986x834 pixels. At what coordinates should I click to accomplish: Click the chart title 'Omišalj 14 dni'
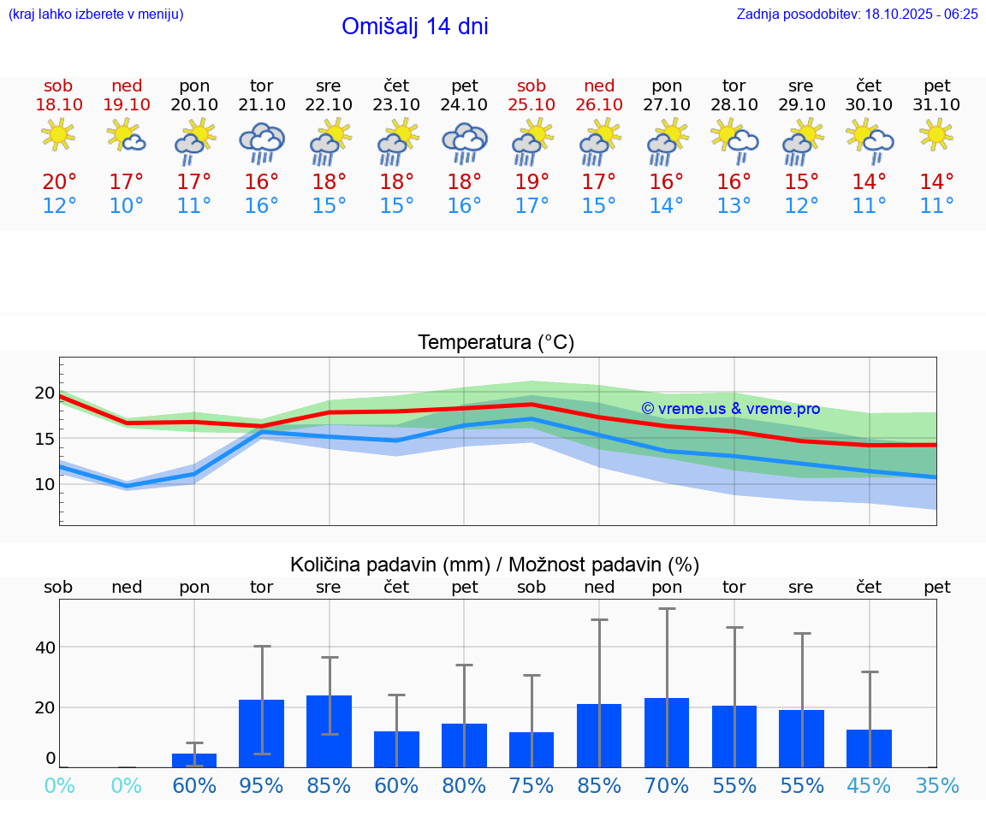[414, 27]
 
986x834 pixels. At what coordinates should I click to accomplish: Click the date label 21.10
[261, 104]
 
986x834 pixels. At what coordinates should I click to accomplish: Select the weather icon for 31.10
[936, 135]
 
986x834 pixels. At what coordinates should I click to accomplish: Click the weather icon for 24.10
[464, 142]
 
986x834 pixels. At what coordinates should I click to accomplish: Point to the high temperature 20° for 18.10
[59, 181]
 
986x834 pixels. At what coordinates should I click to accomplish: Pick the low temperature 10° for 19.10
[127, 206]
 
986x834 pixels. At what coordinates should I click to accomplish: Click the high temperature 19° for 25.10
[532, 181]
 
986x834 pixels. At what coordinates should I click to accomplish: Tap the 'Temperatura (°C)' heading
[496, 343]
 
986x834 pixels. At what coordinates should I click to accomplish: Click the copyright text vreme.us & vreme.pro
[730, 409]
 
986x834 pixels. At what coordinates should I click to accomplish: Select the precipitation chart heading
[495, 565]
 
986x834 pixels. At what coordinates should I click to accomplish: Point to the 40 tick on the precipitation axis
[45, 648]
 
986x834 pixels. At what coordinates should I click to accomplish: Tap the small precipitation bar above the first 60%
[194, 760]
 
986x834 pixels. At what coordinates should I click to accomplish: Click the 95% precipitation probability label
[261, 785]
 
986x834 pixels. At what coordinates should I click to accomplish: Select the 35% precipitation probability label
[936, 785]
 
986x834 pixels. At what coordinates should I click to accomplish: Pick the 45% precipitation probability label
[869, 785]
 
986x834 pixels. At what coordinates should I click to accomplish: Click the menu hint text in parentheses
[96, 14]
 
